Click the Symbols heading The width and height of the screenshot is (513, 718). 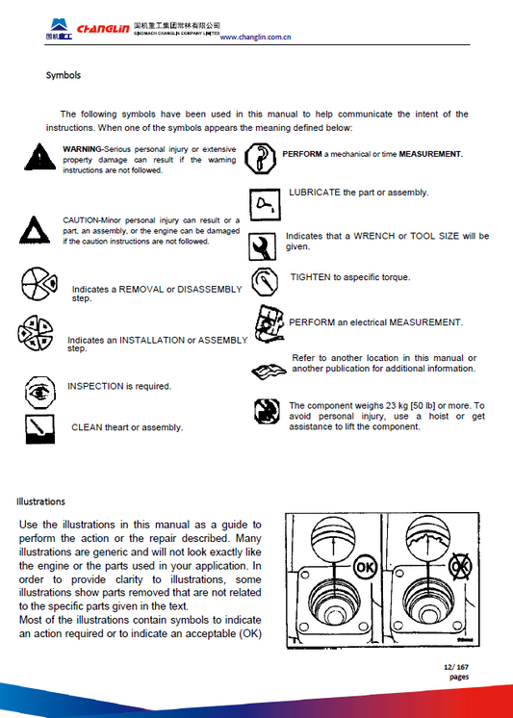click(x=64, y=75)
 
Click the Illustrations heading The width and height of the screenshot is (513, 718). click(x=40, y=500)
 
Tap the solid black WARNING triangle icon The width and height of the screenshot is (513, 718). click(x=38, y=156)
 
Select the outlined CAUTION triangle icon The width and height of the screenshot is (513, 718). click(x=38, y=230)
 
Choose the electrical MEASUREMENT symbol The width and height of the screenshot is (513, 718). click(x=269, y=321)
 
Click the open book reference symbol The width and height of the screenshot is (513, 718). click(x=267, y=371)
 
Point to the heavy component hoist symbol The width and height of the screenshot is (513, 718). click(x=266, y=412)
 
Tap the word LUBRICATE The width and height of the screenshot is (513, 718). click(x=315, y=192)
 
